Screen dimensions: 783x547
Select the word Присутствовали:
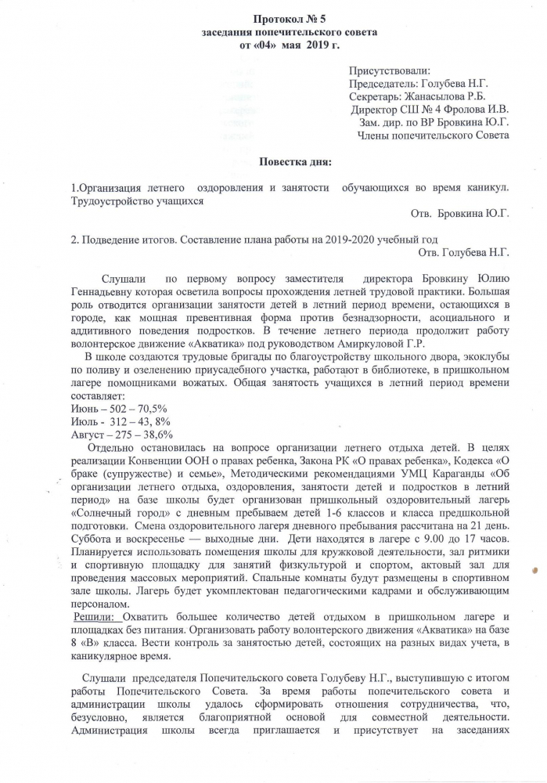click(x=395, y=72)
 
